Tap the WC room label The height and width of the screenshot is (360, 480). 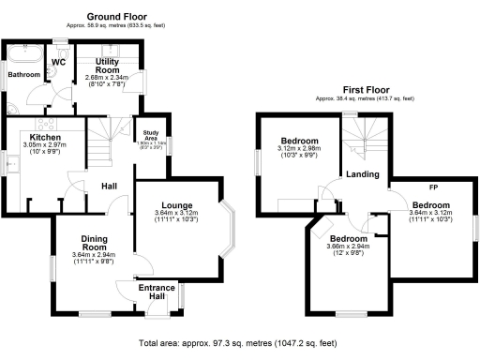[58, 63]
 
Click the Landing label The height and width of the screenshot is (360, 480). [362, 175]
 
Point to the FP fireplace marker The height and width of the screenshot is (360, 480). [432, 190]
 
